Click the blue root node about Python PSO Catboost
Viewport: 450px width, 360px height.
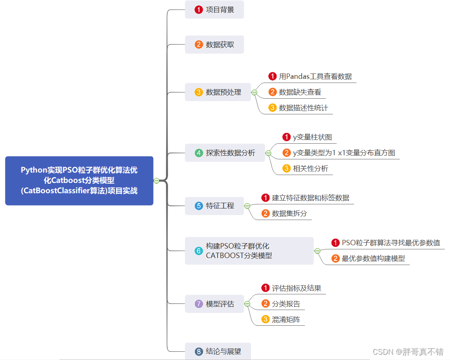79,180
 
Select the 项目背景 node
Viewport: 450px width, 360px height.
214,9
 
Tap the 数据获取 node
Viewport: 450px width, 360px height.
214,45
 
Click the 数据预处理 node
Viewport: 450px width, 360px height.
218,92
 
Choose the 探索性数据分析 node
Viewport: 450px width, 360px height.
225,153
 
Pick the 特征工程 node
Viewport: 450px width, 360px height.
214,206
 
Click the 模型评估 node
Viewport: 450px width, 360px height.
214,304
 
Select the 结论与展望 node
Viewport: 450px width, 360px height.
218,352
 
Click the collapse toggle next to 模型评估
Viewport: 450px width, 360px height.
247,304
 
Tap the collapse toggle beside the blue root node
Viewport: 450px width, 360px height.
156,180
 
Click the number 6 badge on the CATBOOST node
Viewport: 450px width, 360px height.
199,251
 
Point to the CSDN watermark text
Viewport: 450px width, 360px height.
407,352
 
